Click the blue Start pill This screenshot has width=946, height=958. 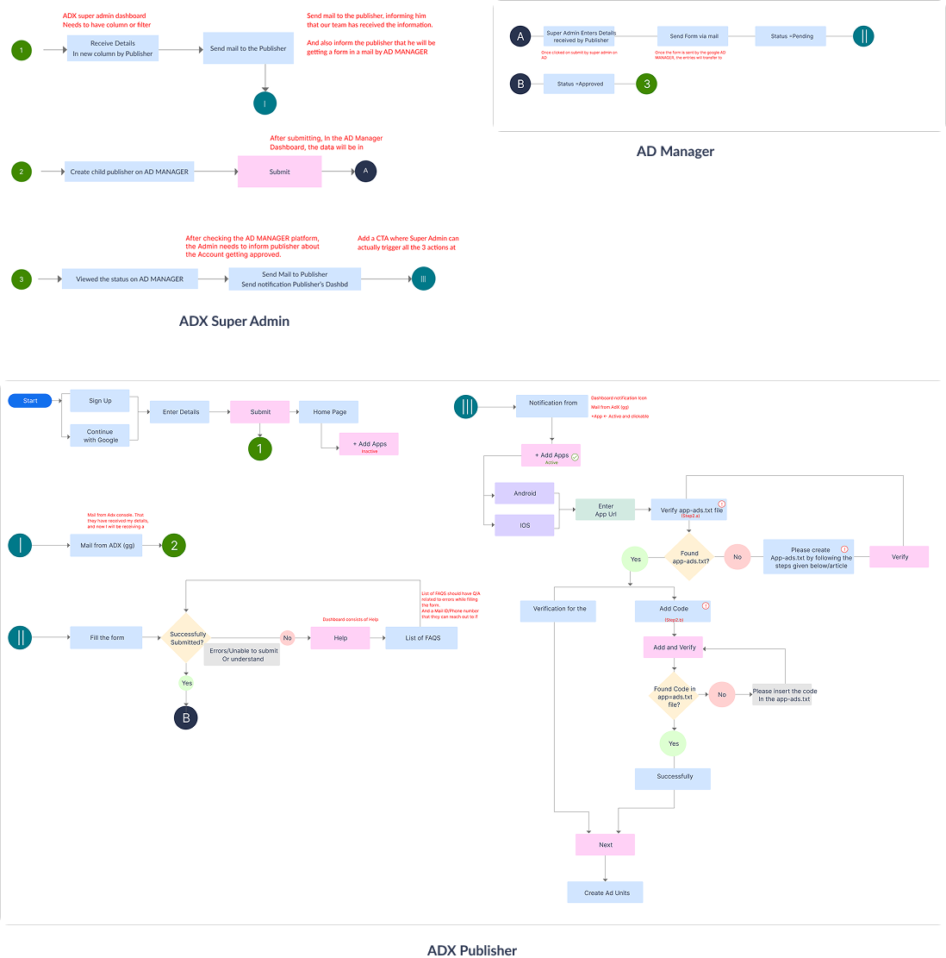30,401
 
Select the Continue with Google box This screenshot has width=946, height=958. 101,435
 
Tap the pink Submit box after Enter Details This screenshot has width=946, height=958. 260,412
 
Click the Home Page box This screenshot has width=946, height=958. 329,412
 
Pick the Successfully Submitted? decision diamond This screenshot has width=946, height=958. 187,638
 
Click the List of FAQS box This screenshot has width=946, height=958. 420,638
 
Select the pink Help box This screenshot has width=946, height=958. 340,638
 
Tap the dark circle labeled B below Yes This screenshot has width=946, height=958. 185,717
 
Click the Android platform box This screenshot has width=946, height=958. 525,493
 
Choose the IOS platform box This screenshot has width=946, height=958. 525,525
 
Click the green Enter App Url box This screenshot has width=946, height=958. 606,510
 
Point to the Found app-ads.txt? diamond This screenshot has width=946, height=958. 687,557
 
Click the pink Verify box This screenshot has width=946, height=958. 899,557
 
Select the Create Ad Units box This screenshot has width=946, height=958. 606,892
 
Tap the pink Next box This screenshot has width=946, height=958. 606,845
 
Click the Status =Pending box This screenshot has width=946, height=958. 791,36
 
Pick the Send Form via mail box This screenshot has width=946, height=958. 694,36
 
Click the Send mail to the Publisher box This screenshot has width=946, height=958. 248,48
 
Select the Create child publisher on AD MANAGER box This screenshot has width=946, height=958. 129,172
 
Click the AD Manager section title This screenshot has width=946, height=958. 675,152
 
